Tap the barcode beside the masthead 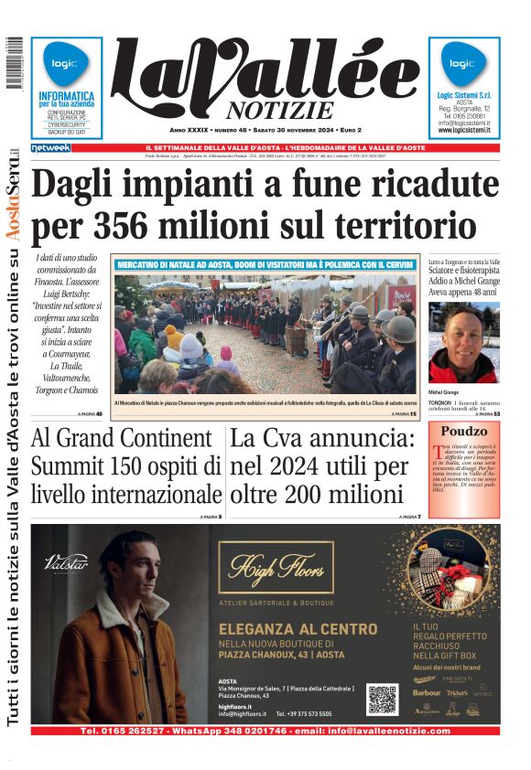pos(13,63)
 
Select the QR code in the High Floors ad pos(383,700)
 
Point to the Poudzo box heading pos(463,432)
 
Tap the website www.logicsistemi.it pos(464,131)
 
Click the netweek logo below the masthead pos(50,147)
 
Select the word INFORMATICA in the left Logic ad pos(66,95)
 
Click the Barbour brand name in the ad pos(427,692)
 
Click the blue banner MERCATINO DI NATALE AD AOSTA pos(265,264)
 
